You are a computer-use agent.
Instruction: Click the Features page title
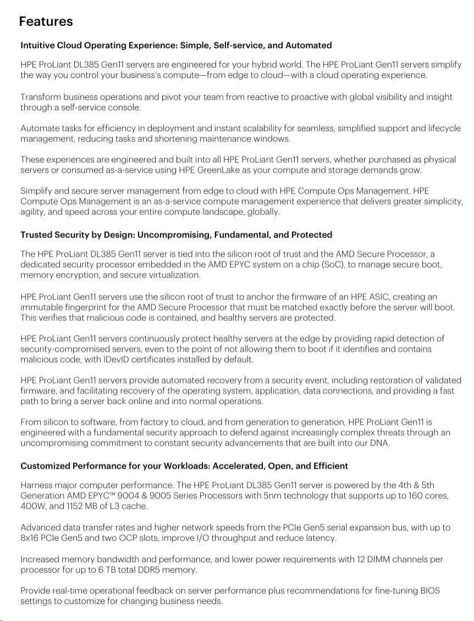click(x=46, y=21)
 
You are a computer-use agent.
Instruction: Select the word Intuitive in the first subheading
click(x=37, y=45)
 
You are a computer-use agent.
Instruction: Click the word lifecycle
click(x=441, y=128)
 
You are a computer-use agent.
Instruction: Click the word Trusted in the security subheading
click(x=37, y=235)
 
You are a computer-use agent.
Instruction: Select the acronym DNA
click(x=379, y=443)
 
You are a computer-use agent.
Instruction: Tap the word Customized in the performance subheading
click(x=45, y=466)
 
